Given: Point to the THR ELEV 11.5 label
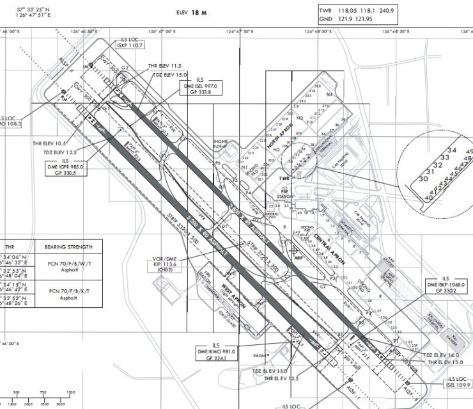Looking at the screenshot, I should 165,66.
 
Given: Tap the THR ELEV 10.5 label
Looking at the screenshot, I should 49,143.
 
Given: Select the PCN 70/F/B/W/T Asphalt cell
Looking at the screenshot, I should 70,268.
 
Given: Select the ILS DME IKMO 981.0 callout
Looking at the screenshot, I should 220,351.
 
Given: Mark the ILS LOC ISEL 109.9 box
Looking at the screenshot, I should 458,383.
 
